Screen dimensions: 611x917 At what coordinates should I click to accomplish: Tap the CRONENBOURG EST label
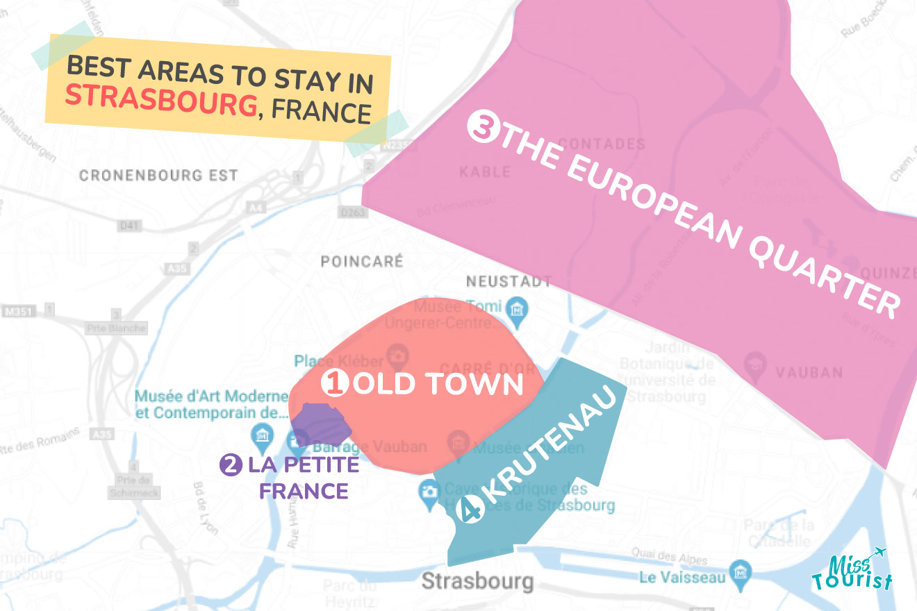point(158,176)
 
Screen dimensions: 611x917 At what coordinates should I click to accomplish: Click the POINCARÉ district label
point(361,262)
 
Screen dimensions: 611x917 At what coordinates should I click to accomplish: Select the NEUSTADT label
point(509,282)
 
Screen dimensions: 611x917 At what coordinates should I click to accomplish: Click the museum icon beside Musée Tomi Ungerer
point(515,307)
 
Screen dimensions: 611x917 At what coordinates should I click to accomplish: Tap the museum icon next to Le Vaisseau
point(741,574)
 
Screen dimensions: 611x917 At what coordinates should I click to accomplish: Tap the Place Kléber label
point(338,361)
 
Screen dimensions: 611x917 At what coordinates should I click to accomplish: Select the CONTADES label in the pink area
point(602,144)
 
